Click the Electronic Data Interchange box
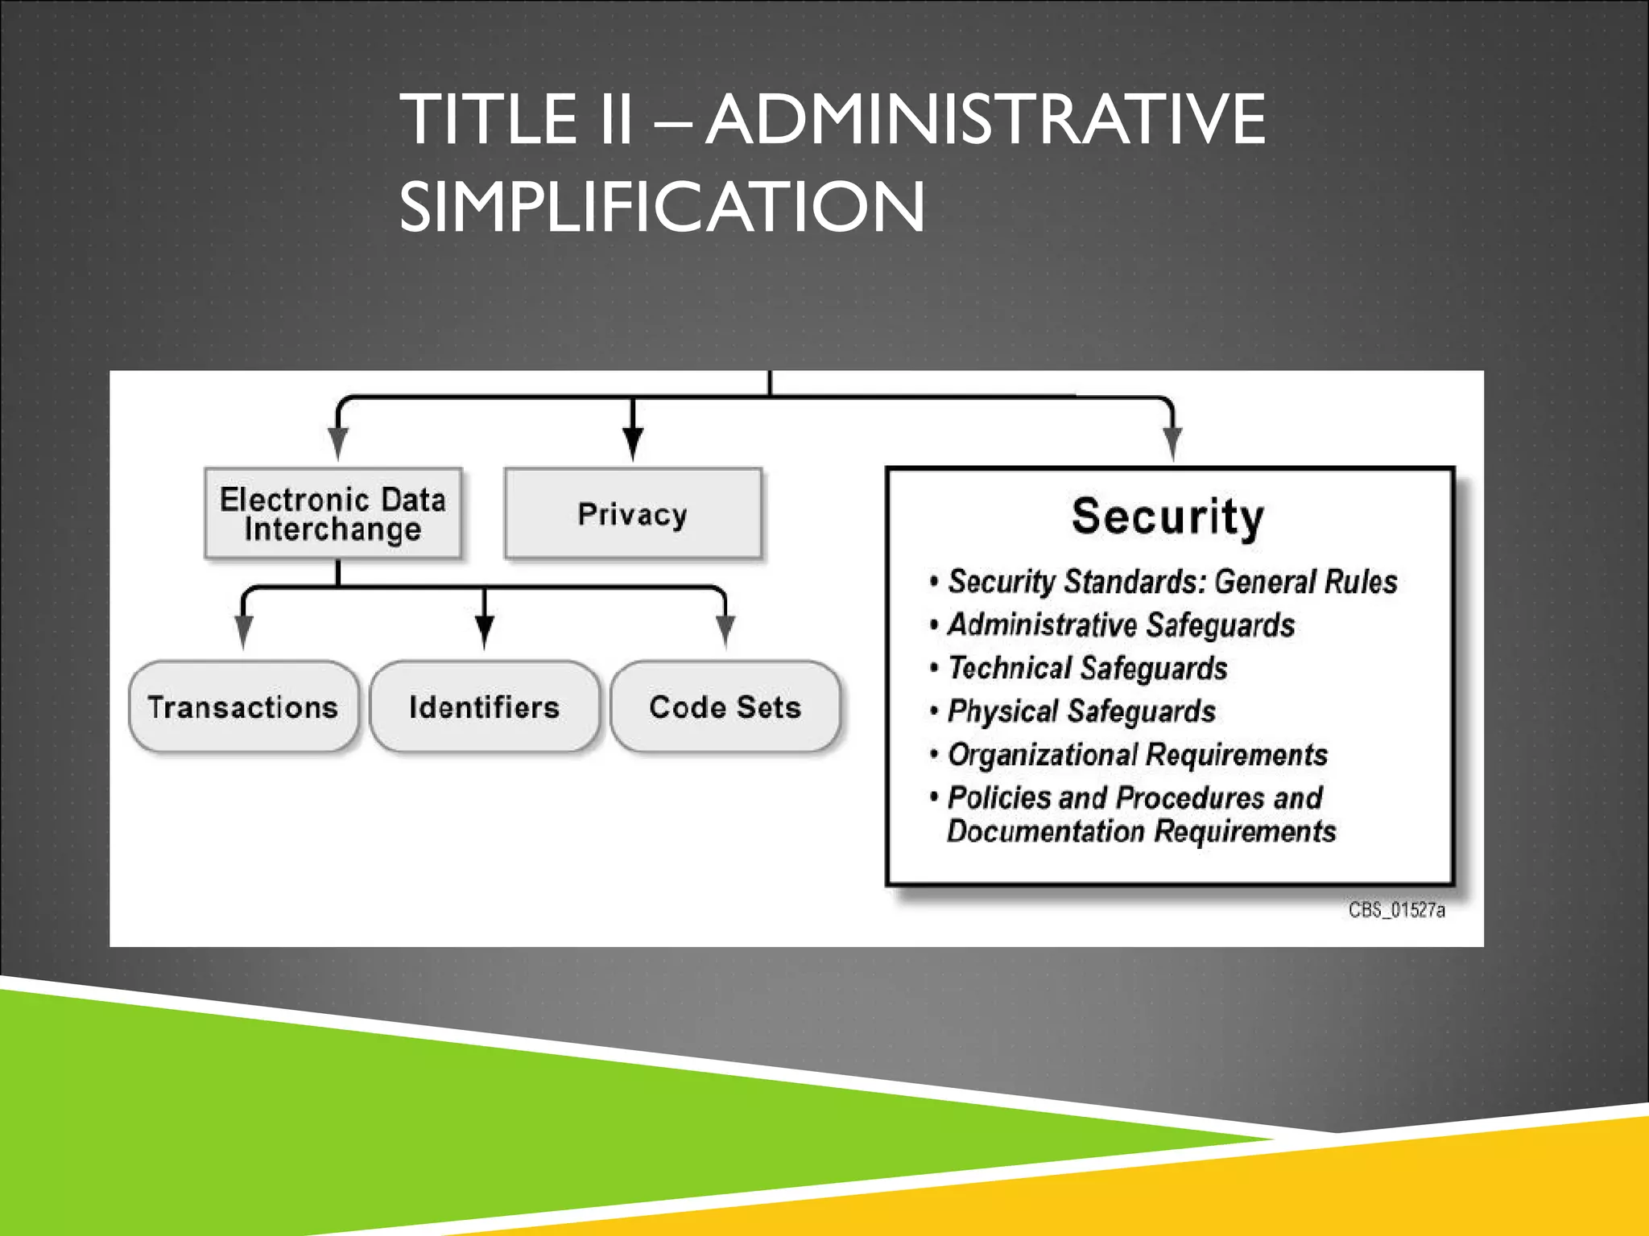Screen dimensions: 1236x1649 333,513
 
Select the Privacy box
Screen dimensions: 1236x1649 633,513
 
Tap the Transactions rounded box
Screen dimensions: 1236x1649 243,707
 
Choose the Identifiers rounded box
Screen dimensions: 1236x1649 484,707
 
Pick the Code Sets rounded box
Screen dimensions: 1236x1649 725,707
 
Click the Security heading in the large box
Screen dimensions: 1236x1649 1168,516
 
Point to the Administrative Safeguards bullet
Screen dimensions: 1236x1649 1121,625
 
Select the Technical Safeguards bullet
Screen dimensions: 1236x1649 1087,668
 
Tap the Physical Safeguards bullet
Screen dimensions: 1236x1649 1081,711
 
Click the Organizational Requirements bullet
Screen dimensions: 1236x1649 1137,755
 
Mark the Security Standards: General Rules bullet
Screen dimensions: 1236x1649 1172,582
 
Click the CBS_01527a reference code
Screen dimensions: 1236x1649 1397,910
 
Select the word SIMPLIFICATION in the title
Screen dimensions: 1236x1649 662,207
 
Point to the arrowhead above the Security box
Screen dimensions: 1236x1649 1172,443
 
